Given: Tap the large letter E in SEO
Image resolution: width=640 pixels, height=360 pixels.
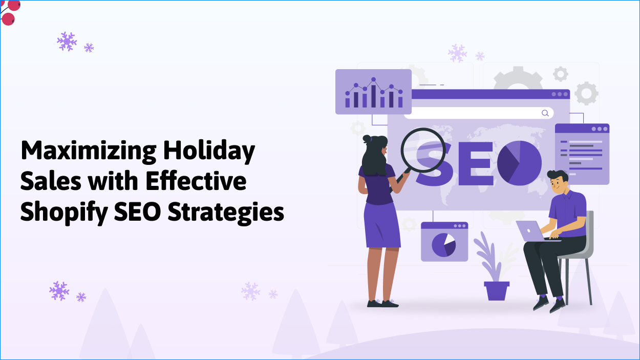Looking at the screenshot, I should [x=476, y=163].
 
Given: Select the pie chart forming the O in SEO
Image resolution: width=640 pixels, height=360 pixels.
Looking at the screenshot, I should [x=519, y=163].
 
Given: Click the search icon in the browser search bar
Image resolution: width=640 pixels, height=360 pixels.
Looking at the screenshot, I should [x=545, y=113].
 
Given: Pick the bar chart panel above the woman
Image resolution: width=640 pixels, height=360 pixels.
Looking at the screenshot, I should [x=373, y=92].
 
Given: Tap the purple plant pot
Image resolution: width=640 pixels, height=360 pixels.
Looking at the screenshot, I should [x=496, y=290].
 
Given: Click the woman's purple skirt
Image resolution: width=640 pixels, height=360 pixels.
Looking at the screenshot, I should [x=381, y=225].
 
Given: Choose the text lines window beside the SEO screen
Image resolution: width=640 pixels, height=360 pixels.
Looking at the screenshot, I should [x=582, y=154].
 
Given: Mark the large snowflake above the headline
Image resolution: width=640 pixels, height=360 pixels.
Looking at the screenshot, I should [x=67, y=41].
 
